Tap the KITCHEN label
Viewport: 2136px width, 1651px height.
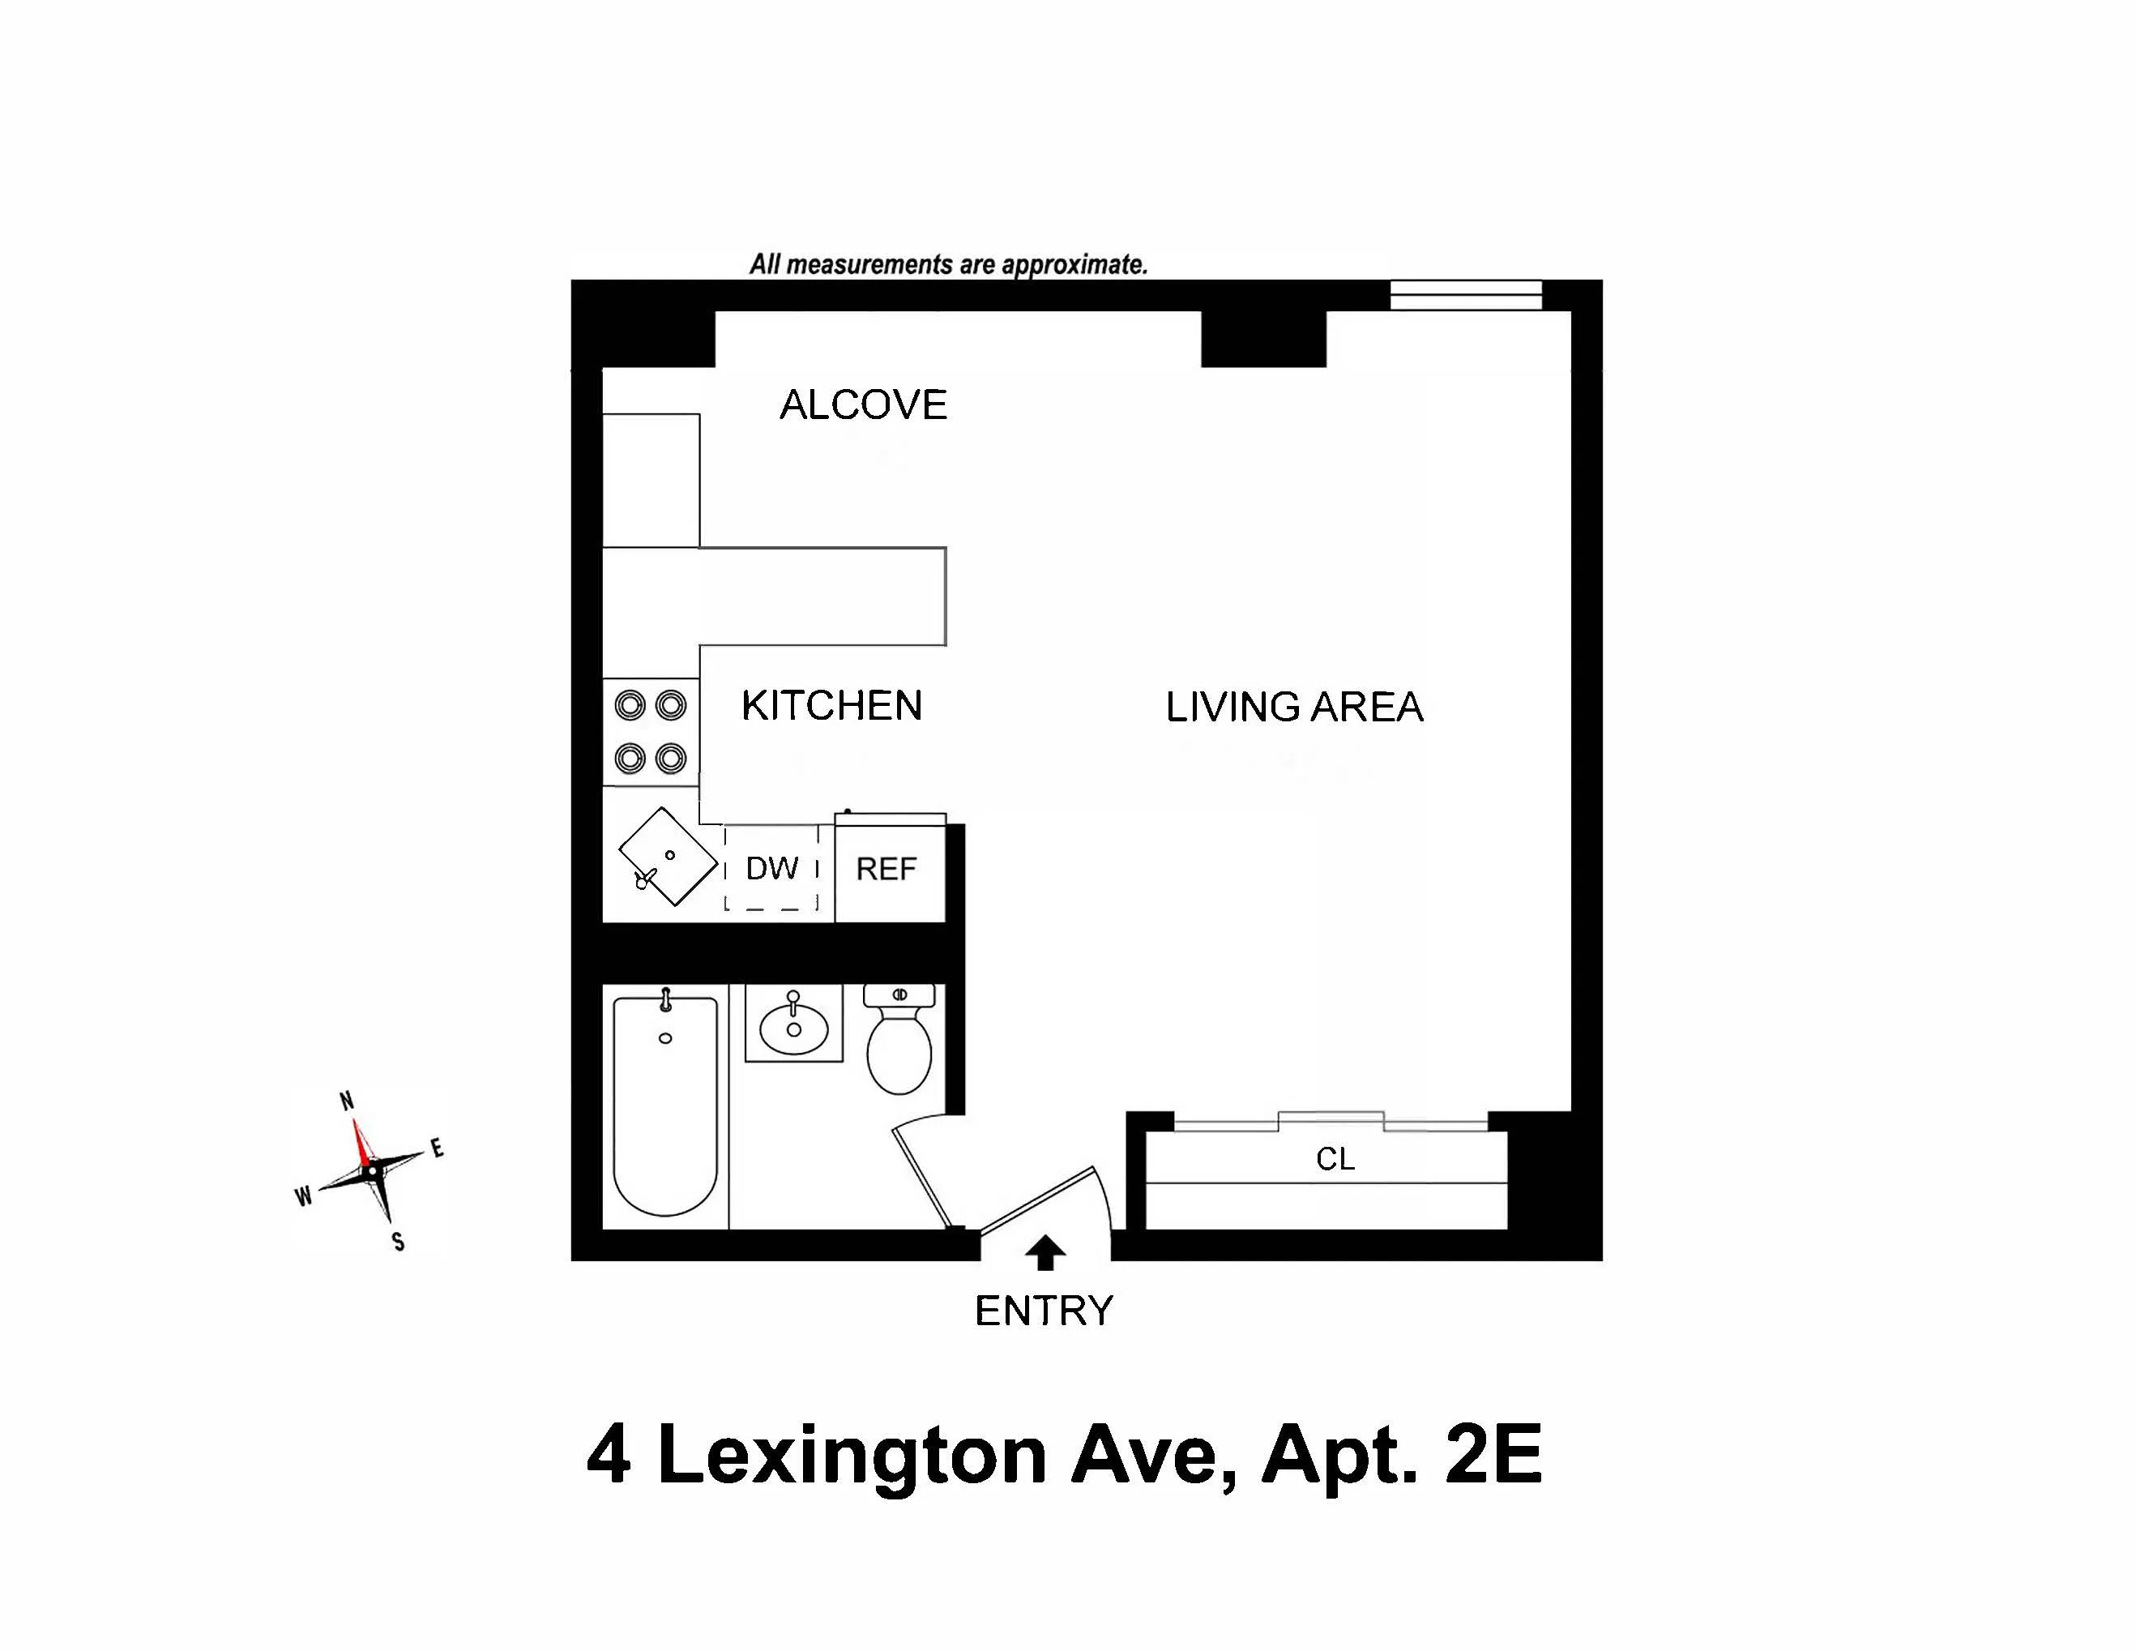(x=831, y=705)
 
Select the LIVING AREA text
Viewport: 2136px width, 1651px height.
(x=1293, y=707)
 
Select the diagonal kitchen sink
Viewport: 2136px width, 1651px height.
(x=668, y=856)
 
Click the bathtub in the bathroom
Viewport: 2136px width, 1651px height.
(x=665, y=1106)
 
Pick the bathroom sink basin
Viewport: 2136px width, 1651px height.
(x=793, y=1026)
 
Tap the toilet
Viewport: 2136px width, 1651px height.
(x=899, y=1046)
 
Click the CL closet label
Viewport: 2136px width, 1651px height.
(x=1335, y=1159)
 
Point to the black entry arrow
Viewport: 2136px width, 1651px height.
(x=1045, y=1253)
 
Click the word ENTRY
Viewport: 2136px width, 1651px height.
(x=1044, y=1311)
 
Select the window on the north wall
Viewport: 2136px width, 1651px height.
(x=1465, y=294)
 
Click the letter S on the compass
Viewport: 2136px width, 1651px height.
(x=398, y=1243)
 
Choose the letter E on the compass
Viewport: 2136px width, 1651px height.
(x=438, y=1148)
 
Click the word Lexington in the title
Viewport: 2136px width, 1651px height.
(x=851, y=1456)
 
